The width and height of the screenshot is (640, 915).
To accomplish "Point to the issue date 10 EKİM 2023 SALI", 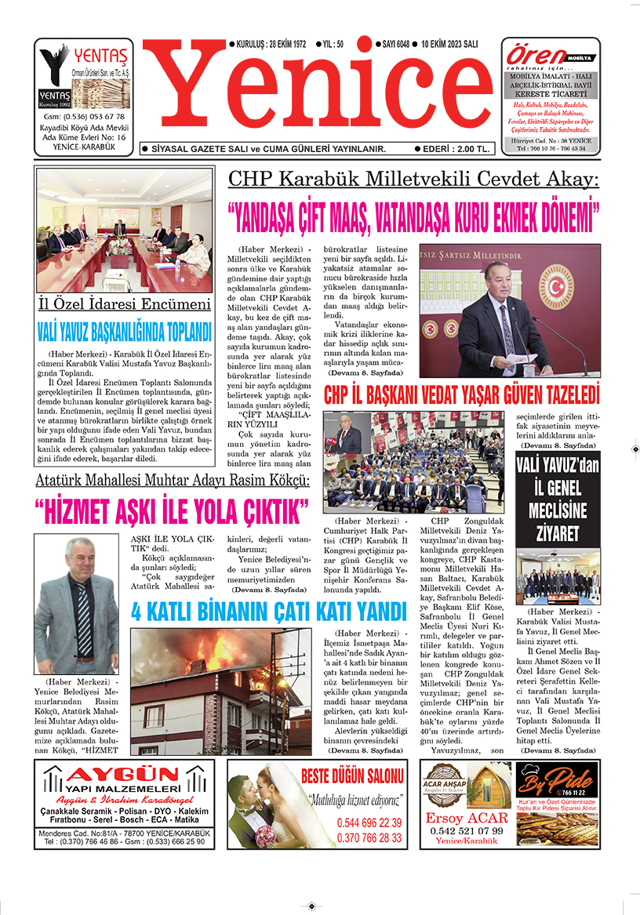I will tap(449, 45).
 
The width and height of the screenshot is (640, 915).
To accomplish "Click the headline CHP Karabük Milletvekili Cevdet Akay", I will tap(413, 179).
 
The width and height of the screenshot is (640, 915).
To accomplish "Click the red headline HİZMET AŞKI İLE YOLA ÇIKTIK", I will tap(173, 510).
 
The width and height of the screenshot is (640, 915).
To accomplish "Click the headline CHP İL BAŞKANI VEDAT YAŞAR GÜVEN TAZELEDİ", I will tap(461, 392).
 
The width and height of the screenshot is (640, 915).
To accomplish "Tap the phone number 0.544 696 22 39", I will tap(369, 823).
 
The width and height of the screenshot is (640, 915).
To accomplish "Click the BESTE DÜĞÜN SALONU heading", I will tap(351, 777).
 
